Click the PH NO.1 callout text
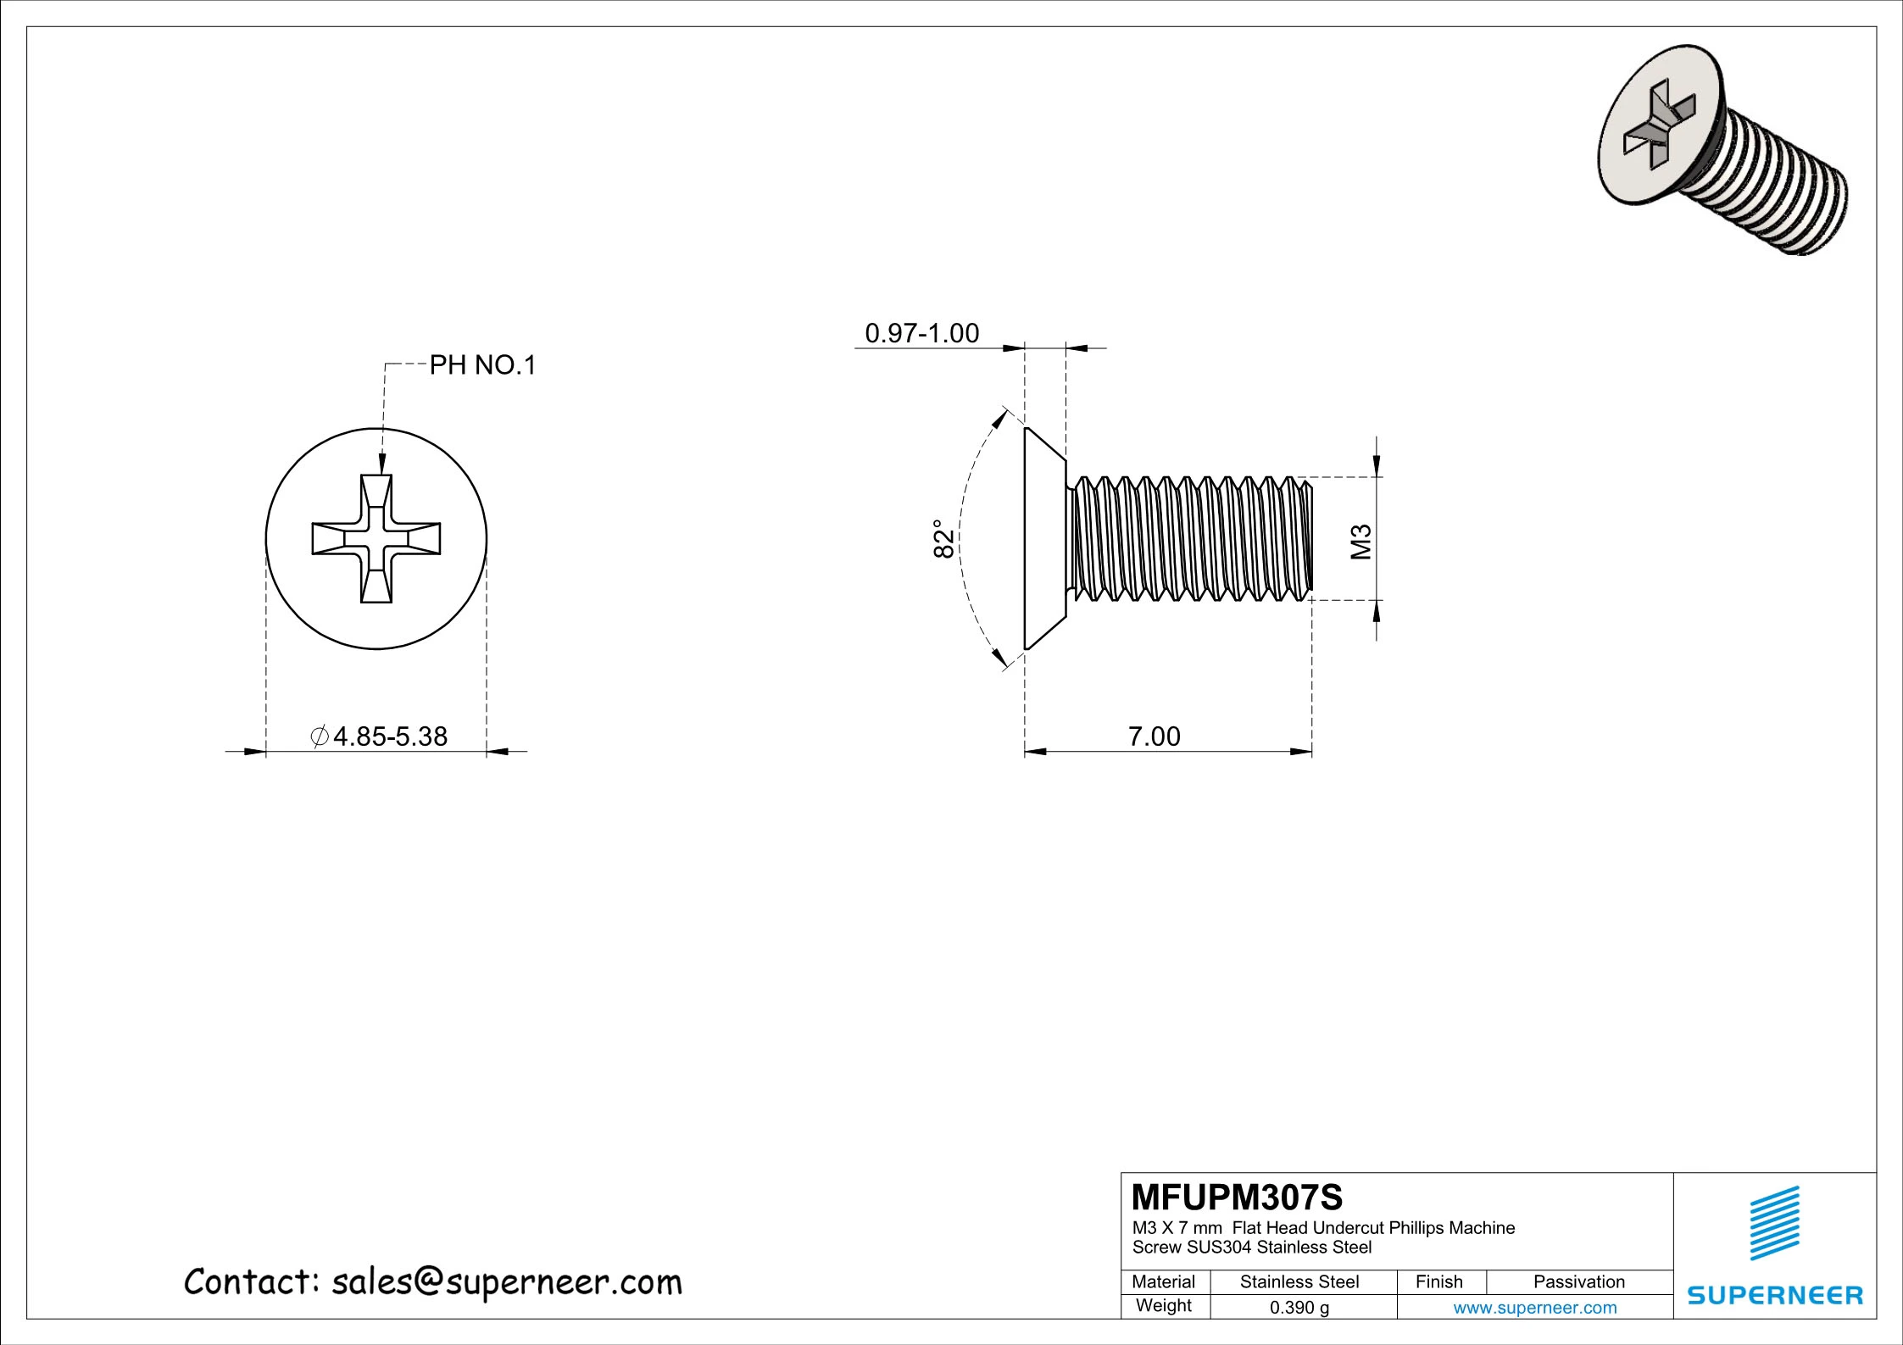coord(482,366)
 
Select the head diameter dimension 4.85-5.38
coord(389,736)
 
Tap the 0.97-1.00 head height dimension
coord(921,333)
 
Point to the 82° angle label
coord(943,538)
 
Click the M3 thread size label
coord(1361,542)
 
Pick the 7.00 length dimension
coord(1154,736)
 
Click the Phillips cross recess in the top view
coord(376,539)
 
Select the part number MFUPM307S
coord(1237,1198)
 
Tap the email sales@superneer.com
coord(506,1282)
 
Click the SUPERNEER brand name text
coord(1775,1295)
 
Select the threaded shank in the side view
coord(1191,539)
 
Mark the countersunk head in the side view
coord(1043,539)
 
